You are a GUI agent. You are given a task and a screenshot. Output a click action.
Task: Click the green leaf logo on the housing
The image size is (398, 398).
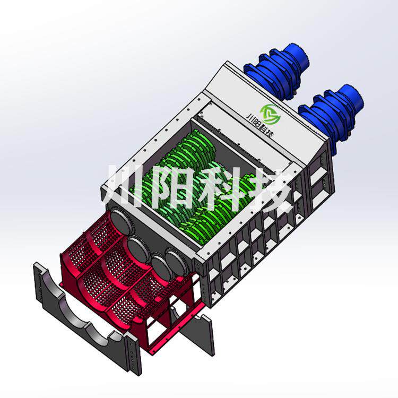(x=270, y=114)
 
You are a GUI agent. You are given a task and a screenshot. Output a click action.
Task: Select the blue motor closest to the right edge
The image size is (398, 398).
(x=331, y=114)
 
